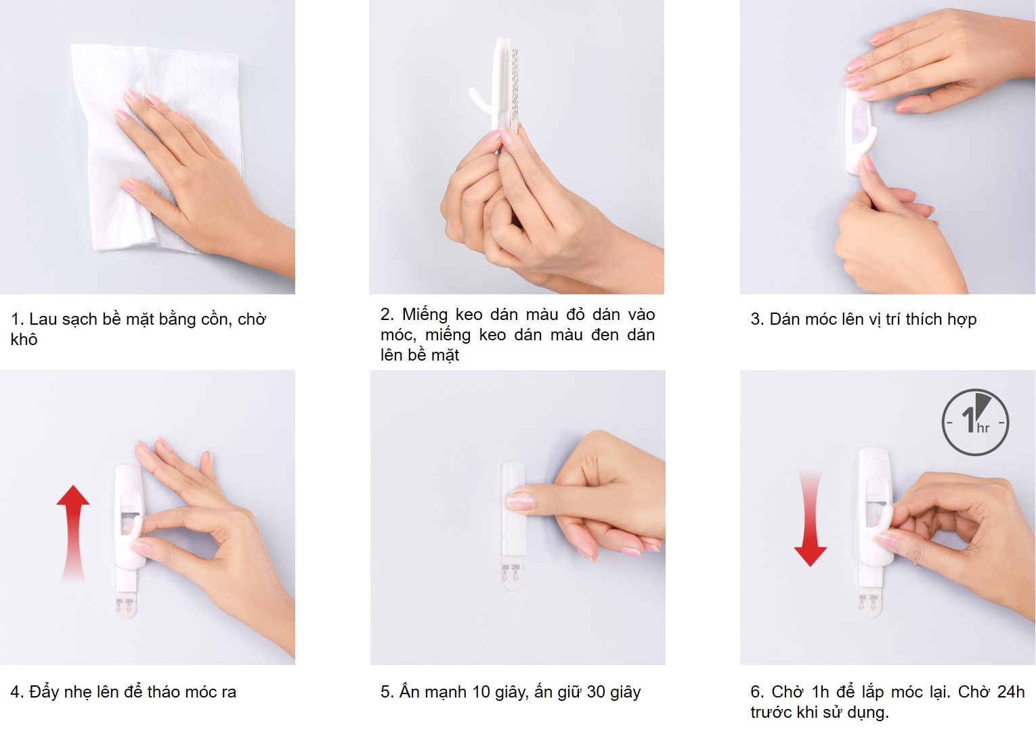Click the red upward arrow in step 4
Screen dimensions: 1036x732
pos(73,532)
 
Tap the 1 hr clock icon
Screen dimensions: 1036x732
pos(976,422)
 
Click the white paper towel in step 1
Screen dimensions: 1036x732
pos(157,148)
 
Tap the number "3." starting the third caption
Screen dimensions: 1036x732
pos(758,319)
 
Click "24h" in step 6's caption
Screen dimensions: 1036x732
pos(1010,692)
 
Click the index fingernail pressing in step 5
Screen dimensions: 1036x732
pos(520,501)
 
